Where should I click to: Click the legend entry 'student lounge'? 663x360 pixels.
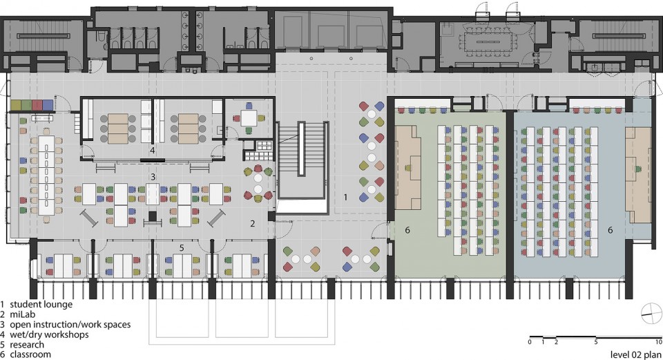(x=41, y=304)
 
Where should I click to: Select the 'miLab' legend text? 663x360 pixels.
(x=22, y=314)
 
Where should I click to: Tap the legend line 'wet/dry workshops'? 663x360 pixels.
(x=49, y=334)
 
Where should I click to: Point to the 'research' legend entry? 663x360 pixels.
(x=27, y=344)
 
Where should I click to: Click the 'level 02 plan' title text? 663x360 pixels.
(x=635, y=354)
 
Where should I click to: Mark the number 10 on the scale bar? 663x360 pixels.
(x=658, y=342)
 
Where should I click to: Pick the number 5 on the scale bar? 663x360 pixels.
(x=596, y=342)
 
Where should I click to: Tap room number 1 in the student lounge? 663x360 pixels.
(x=345, y=197)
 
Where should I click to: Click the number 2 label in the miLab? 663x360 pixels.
(x=253, y=223)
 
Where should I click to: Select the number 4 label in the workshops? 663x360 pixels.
(x=152, y=150)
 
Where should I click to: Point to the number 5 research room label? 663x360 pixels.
(x=182, y=247)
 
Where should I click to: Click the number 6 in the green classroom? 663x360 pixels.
(x=407, y=230)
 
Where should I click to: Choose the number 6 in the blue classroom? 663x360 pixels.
(x=610, y=230)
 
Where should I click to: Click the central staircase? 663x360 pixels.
(x=302, y=167)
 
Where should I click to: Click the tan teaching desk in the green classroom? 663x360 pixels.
(x=408, y=167)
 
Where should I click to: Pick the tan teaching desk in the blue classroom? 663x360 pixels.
(x=638, y=174)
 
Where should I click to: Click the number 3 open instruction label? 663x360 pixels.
(x=153, y=178)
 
